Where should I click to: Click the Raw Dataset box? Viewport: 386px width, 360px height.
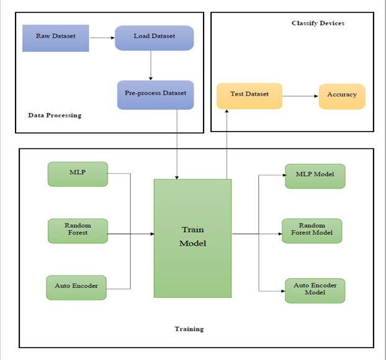56,37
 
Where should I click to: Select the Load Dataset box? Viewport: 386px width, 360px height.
155,37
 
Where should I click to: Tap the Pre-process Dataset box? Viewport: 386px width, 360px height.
155,94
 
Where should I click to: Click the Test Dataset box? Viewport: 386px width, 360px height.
249,96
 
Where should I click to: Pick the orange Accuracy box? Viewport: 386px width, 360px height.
342,96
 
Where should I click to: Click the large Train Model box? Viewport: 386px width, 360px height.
192,238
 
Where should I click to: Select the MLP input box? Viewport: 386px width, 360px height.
78,174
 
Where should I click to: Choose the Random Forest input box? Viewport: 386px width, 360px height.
78,230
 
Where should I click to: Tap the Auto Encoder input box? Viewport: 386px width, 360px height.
76,287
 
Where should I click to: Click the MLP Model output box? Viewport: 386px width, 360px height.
315,175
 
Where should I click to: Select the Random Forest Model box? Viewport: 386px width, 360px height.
312,230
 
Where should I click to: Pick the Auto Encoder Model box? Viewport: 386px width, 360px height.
315,290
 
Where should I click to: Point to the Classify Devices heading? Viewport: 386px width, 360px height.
318,24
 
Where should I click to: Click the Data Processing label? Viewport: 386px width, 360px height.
55,115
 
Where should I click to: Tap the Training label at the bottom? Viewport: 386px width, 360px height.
190,329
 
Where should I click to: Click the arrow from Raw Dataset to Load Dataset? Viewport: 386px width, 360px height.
102,37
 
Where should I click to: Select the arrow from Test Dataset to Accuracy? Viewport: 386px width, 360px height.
300,96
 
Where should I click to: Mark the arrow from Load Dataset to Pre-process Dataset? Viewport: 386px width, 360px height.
151,65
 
